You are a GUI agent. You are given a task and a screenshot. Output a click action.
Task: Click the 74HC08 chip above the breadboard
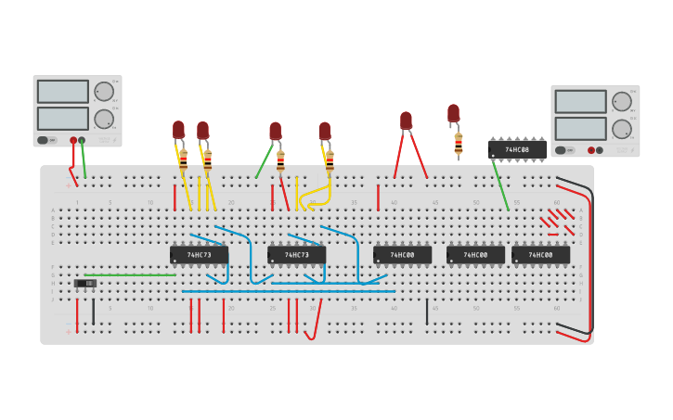(516, 149)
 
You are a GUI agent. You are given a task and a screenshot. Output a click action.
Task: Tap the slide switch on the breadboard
(84, 283)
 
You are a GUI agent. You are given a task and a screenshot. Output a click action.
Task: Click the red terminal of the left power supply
(73, 140)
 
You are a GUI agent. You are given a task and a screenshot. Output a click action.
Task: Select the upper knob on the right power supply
(621, 101)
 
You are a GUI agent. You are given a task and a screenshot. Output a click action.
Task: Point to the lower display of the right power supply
(580, 129)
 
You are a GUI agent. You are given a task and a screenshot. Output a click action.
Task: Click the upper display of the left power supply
(62, 91)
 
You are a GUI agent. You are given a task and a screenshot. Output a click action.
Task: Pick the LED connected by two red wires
(406, 121)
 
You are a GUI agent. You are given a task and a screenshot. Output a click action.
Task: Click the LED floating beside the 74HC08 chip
(453, 113)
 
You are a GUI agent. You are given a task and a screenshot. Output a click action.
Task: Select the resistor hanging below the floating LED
(458, 143)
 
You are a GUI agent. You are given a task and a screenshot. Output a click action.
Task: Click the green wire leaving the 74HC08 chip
(500, 186)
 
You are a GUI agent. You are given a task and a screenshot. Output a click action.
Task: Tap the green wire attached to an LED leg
(265, 159)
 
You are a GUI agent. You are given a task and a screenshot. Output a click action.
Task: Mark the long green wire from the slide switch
(130, 274)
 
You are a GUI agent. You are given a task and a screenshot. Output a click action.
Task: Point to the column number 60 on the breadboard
(557, 202)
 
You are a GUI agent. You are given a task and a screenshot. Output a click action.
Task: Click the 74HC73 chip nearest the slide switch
(199, 254)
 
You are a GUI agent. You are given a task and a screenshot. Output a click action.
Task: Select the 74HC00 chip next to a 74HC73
(402, 254)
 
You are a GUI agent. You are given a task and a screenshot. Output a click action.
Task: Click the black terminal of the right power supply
(599, 150)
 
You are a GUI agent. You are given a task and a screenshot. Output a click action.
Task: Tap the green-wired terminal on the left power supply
(82, 140)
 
